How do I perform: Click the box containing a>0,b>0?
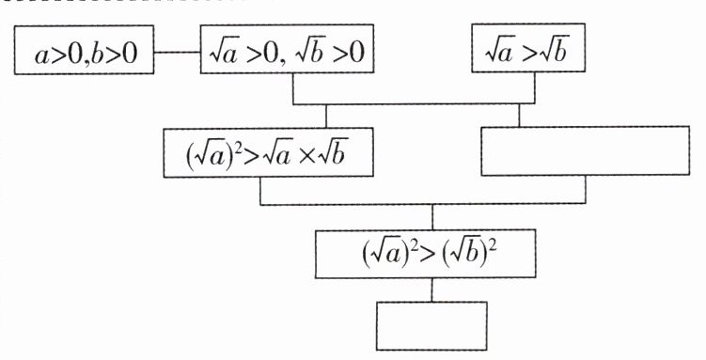pos(85,50)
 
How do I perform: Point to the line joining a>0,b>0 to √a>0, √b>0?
pos(178,53)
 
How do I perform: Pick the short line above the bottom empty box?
pos(431,290)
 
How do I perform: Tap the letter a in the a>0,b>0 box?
pos(41,56)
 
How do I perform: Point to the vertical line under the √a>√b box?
pos(535,87)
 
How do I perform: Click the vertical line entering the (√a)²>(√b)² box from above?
pos(432,217)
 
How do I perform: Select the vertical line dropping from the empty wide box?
pos(586,190)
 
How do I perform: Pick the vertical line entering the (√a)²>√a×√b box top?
pos(326,117)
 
